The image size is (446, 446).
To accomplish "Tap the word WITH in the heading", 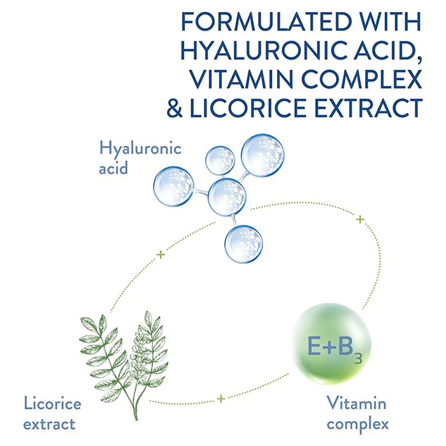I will (387, 21).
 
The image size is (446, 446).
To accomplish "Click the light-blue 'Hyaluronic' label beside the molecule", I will (140, 150).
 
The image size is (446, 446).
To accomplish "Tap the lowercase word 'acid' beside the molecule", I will (115, 169).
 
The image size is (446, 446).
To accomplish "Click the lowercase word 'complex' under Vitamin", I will (356, 422).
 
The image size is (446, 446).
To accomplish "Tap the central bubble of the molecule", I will (227, 196).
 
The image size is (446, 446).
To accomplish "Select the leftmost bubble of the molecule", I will (173, 185).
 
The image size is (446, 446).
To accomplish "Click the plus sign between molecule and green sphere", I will (360, 219).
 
